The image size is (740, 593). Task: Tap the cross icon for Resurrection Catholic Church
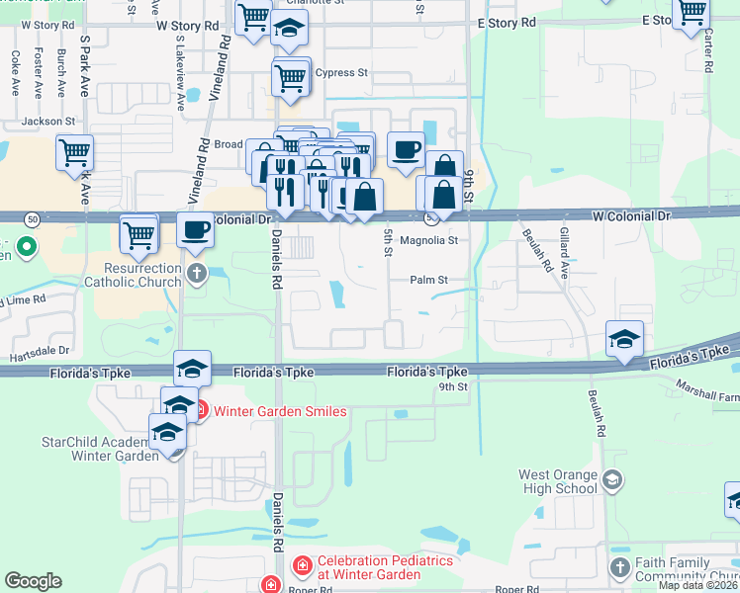click(197, 274)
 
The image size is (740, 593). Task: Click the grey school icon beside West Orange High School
click(611, 481)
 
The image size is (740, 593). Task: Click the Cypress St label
click(347, 73)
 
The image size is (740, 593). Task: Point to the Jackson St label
click(48, 121)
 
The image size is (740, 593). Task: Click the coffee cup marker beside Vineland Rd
click(196, 231)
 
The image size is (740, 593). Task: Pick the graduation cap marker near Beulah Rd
click(624, 340)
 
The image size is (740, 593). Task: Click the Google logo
click(33, 581)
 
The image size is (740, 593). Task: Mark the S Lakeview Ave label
click(180, 74)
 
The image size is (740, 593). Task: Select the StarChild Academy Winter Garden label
click(99, 448)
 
